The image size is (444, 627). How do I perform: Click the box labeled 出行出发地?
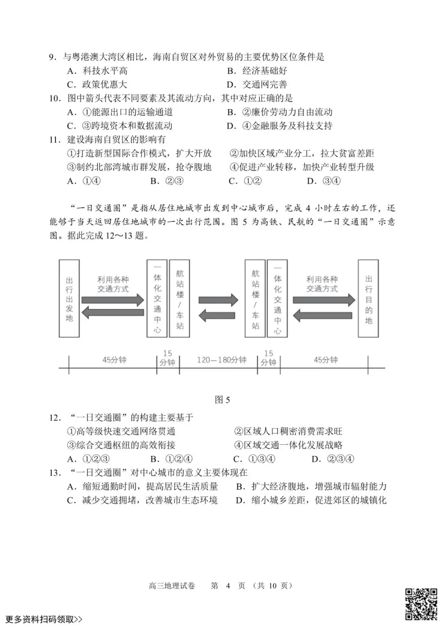click(x=69, y=298)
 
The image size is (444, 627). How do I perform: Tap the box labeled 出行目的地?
click(x=368, y=298)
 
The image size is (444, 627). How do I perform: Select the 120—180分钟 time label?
click(x=221, y=360)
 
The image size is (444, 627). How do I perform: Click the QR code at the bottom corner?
click(x=421, y=604)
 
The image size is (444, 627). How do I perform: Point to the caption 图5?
click(x=222, y=400)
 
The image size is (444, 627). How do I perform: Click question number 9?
click(x=52, y=57)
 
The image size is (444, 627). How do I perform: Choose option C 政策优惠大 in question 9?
click(x=97, y=85)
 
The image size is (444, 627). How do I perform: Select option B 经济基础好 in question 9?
click(x=257, y=71)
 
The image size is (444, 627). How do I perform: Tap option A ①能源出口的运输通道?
click(x=120, y=112)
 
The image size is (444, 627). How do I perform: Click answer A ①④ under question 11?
click(x=84, y=181)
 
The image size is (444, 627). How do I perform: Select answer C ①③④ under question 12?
click(x=254, y=459)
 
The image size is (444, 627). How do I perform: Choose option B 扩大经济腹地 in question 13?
click(x=311, y=487)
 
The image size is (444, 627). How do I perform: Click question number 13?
click(x=55, y=473)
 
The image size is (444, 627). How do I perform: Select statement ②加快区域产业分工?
click(x=302, y=153)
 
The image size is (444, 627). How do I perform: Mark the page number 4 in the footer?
click(x=228, y=585)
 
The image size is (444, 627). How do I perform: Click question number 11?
click(x=55, y=140)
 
